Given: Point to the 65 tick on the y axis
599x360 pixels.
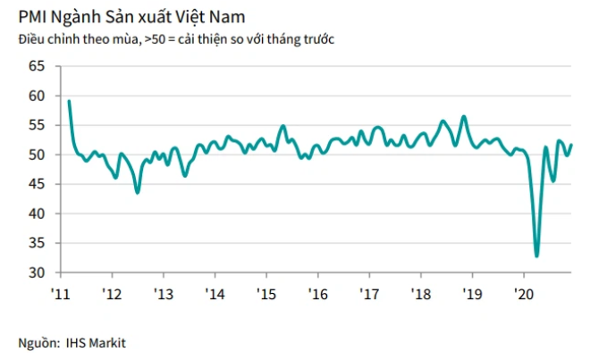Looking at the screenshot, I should point(37,66).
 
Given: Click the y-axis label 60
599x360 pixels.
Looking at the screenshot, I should point(37,96).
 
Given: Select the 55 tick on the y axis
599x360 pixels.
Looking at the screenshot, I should point(37,125).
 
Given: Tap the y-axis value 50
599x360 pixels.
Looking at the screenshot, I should point(37,155).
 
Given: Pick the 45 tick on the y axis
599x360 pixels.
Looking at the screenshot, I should point(37,184).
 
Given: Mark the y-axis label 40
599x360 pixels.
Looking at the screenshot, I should point(37,213).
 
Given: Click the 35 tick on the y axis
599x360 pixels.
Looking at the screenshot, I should point(37,243).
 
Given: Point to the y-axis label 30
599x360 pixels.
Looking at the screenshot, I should point(37,272).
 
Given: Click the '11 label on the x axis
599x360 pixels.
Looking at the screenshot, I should point(61,293).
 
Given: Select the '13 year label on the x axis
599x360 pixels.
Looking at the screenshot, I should point(164,293).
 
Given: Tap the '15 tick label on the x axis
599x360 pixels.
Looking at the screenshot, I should point(266,293).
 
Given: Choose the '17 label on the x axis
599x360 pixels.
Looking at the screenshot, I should point(368,293).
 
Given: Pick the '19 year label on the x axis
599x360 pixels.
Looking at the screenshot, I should point(471,293).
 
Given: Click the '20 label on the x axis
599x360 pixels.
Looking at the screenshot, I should point(523,293).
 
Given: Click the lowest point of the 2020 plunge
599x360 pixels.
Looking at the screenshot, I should point(536,256).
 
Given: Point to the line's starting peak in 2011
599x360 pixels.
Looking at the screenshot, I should point(69,101).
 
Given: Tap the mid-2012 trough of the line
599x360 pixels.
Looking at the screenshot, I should point(137,192).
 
